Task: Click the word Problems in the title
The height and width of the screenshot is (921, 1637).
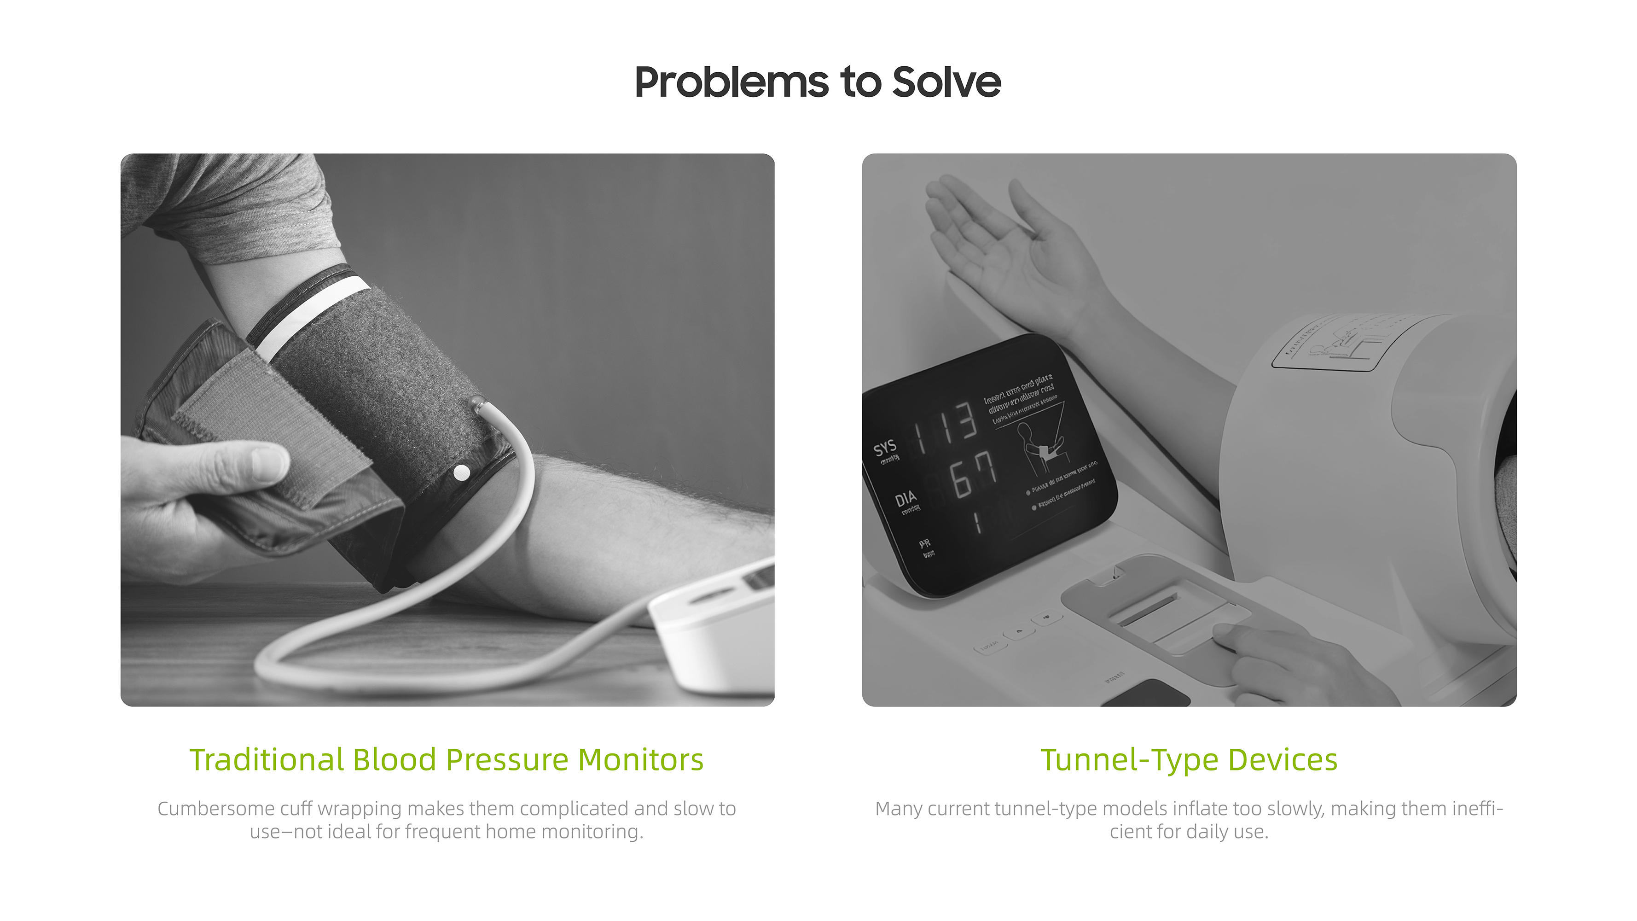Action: tap(731, 82)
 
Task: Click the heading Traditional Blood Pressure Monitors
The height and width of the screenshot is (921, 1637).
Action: tap(446, 759)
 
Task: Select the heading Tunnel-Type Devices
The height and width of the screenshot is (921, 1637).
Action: tap(1188, 759)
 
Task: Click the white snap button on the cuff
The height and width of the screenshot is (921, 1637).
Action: tap(462, 473)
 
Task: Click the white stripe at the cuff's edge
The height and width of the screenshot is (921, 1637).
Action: tap(311, 318)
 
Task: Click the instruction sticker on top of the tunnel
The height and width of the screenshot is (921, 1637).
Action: tap(1335, 343)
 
